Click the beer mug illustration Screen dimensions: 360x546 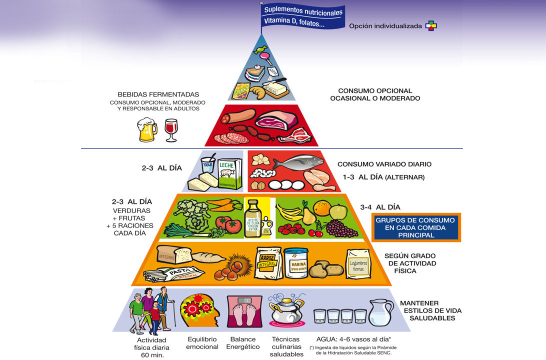click(x=146, y=129)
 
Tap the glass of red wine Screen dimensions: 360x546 click(x=171, y=129)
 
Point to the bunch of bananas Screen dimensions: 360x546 click(x=290, y=212)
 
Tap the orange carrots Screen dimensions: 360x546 click(x=224, y=204)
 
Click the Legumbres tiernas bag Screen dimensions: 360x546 click(x=358, y=263)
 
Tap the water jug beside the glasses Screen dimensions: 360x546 click(x=380, y=312)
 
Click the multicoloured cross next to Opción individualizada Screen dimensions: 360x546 click(x=430, y=25)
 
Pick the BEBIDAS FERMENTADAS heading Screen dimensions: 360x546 click(x=158, y=94)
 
